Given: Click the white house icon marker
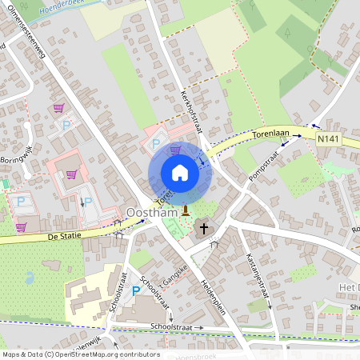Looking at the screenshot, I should (x=179, y=173).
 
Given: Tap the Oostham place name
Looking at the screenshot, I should (x=152, y=213).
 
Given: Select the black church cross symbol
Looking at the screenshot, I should (x=204, y=229).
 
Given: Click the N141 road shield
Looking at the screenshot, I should (x=326, y=139).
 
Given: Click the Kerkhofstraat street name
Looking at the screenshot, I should (x=193, y=111).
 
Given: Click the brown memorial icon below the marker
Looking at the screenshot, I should (x=186, y=211).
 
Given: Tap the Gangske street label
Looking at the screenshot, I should (x=175, y=276).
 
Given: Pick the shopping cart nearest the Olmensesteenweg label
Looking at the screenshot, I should (x=58, y=108).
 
